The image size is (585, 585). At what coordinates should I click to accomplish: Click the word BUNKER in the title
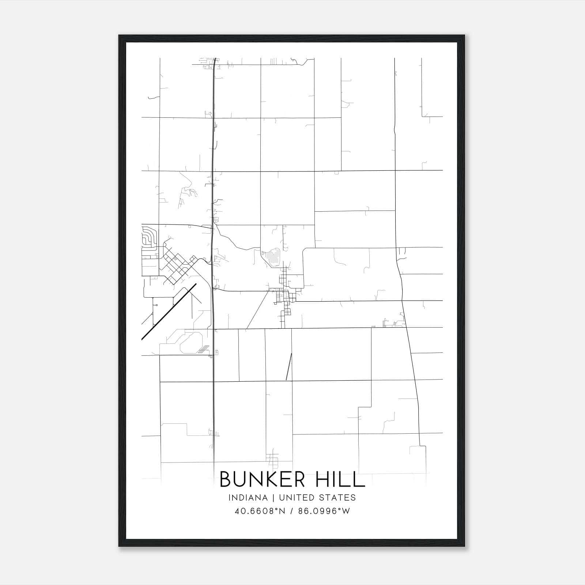(x=263, y=479)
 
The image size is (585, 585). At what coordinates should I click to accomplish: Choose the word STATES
(x=337, y=498)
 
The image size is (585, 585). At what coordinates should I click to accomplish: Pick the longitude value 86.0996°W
(x=324, y=511)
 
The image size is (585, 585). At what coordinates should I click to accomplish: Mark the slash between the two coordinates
(x=291, y=511)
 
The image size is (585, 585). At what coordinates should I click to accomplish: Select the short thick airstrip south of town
(x=289, y=367)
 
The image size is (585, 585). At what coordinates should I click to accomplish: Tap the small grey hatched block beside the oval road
(x=204, y=349)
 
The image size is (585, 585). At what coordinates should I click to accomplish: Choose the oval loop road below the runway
(x=190, y=343)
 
